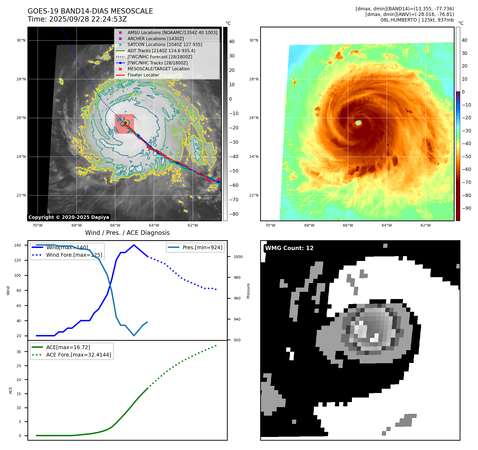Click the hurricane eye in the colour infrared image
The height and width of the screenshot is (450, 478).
coord(358,123)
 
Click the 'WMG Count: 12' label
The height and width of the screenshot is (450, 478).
coord(289,248)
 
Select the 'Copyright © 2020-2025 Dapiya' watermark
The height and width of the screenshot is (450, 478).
coord(69,217)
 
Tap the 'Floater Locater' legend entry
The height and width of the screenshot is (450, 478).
coord(143,75)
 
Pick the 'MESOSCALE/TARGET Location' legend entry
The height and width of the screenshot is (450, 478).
coord(158,69)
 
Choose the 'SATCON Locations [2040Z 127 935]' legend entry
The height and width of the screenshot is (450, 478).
coord(165,45)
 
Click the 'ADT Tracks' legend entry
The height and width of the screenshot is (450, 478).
coord(161,51)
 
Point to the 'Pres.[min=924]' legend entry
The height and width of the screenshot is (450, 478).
coord(202,247)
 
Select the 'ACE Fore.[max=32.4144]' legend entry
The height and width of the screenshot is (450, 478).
coord(78,355)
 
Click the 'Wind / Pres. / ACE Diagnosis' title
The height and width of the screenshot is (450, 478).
coord(127,233)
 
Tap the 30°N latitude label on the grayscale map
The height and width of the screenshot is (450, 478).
coord(21,40)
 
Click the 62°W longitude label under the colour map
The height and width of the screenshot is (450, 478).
coord(425,225)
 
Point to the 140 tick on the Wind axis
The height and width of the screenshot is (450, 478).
coord(18,245)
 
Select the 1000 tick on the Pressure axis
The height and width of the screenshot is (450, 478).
coord(238,257)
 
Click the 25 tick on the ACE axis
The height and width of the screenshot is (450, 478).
coord(19,366)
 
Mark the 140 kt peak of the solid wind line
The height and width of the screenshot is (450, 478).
coord(134,245)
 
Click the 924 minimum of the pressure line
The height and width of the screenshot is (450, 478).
coord(134,336)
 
